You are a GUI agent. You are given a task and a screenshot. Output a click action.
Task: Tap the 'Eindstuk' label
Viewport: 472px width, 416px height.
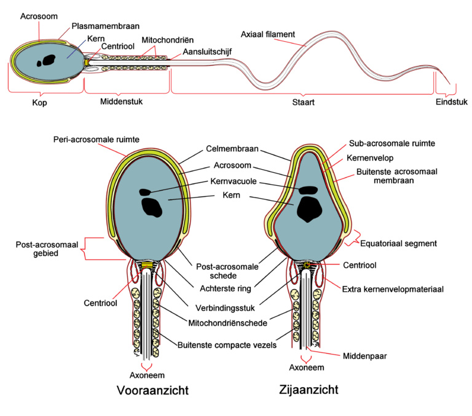(450, 102)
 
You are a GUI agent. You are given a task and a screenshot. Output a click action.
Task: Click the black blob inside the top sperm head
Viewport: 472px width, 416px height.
(45, 60)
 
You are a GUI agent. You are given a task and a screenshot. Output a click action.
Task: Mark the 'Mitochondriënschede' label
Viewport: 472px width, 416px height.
(232, 321)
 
